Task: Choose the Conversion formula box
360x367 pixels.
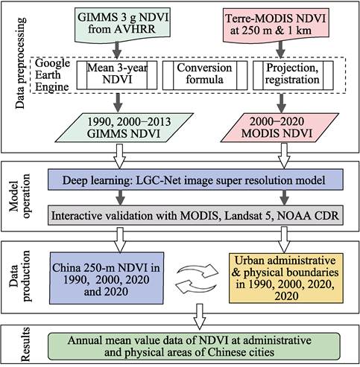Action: pyautogui.click(x=197, y=77)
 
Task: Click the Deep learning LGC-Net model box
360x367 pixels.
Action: pyautogui.click(x=197, y=179)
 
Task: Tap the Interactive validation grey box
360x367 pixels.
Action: pyautogui.click(x=197, y=215)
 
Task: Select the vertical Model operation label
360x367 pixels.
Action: pyautogui.click(x=16, y=197)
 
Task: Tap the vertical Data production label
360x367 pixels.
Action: pyautogui.click(x=16, y=272)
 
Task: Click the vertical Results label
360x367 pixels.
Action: pyautogui.click(x=16, y=342)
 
